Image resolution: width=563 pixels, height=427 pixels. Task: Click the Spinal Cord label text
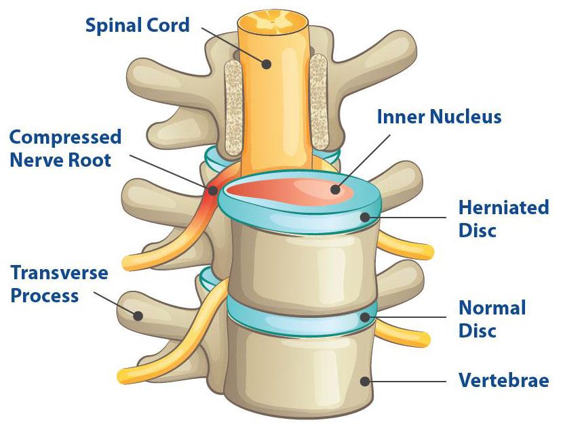coord(137,26)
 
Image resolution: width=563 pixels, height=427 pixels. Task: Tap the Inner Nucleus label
coord(439,117)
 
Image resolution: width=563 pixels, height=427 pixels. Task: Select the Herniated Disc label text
coord(503,218)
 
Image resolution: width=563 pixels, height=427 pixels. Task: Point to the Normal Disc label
coord(492,319)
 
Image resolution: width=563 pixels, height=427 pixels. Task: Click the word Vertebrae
coord(503,380)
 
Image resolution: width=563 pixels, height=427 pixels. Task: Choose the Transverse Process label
coord(59,284)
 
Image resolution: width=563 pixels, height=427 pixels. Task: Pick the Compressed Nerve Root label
coord(65,148)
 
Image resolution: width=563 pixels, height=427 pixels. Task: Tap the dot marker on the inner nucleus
coord(335,189)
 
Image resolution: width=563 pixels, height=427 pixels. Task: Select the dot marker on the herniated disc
coord(365,218)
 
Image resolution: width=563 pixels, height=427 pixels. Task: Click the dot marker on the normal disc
coord(365,317)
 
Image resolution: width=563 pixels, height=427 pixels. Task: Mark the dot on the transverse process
coord(138,315)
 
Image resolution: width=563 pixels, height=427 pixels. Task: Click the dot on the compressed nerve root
coord(213,190)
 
